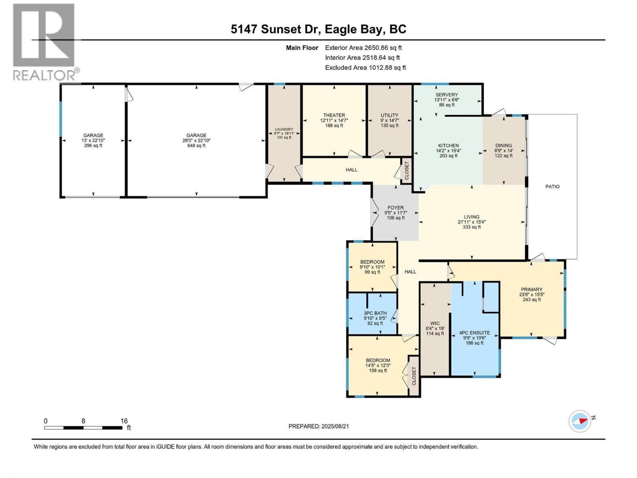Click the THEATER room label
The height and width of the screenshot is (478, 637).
coord(334,116)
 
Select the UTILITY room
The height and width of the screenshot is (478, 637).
coord(389,116)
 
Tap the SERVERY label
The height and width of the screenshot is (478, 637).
coord(446,95)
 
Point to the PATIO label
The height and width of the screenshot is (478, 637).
coord(552,186)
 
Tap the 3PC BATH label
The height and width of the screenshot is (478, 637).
coord(375,313)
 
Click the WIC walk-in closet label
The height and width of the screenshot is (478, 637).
coord(435,323)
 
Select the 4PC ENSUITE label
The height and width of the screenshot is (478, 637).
coord(474,333)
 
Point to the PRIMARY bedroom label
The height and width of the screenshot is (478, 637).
coord(531,290)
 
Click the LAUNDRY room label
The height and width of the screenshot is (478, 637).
coord(284,129)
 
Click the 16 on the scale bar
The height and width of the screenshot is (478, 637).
coord(124,421)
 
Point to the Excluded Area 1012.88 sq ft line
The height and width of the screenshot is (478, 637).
coord(365,68)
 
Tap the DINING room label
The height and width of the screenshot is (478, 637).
coord(503,146)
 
